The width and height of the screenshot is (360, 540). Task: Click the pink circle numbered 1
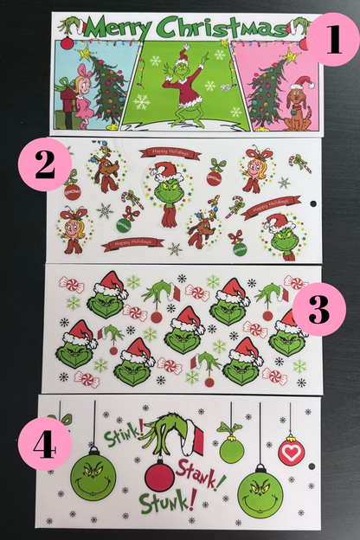point(331,40)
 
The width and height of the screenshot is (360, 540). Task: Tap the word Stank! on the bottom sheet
point(205,471)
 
